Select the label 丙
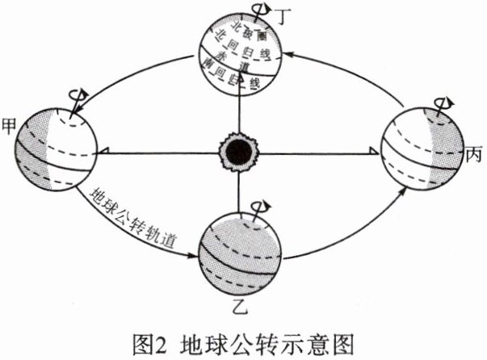click(475, 153)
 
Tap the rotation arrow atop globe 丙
click(443, 104)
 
